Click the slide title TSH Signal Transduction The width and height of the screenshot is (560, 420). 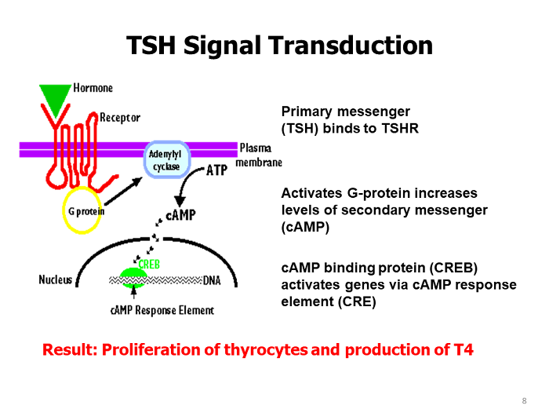click(279, 45)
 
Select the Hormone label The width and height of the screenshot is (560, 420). click(93, 88)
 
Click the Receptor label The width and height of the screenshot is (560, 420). click(119, 118)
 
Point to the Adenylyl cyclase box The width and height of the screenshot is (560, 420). click(165, 160)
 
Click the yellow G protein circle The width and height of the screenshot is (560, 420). click(82, 210)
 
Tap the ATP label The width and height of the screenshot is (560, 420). click(216, 170)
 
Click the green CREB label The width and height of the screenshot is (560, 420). click(149, 265)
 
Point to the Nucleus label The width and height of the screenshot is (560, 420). click(55, 279)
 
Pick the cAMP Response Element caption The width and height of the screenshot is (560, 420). click(162, 310)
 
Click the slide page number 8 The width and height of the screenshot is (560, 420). click(524, 402)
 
